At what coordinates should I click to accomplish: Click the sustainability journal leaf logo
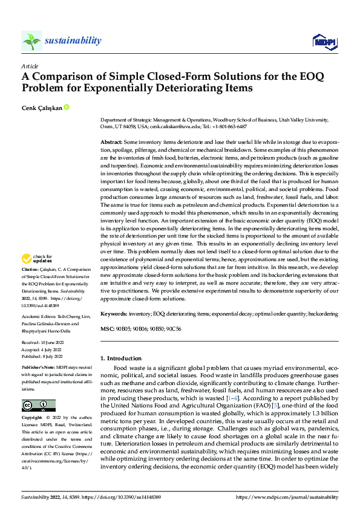(31, 41)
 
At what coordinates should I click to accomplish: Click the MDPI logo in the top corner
(323, 41)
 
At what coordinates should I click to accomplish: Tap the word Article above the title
(29, 66)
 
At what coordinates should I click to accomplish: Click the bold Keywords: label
(113, 314)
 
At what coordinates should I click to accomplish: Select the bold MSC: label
(107, 329)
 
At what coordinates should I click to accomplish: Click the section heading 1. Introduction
(123, 358)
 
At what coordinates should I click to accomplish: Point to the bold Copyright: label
(33, 418)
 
